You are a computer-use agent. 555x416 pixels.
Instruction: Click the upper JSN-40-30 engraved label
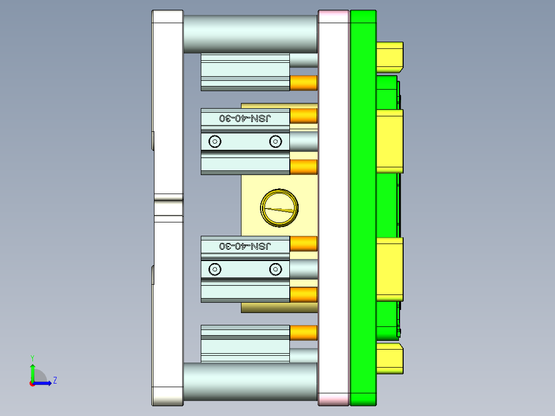(245, 118)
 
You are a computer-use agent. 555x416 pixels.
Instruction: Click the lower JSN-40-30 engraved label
(245, 246)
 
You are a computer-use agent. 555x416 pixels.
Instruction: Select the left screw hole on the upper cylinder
(215, 141)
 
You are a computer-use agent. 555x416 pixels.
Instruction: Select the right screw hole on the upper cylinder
(275, 141)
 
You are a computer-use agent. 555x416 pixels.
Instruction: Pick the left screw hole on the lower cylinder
(215, 269)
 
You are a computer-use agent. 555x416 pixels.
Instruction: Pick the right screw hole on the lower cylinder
(275, 269)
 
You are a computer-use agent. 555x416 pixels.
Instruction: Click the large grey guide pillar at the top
(250, 33)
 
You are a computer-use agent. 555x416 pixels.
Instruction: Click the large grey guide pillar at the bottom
(250, 382)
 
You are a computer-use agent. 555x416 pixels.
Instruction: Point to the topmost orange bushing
(303, 82)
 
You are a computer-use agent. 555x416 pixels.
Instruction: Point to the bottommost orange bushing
(303, 333)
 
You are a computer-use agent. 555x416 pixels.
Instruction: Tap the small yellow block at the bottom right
(389, 359)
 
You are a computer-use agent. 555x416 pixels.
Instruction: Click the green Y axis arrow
(32, 370)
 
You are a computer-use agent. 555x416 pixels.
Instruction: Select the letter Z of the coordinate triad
(55, 380)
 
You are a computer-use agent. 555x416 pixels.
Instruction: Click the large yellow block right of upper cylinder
(389, 140)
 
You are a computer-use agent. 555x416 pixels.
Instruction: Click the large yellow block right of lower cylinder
(389, 268)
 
